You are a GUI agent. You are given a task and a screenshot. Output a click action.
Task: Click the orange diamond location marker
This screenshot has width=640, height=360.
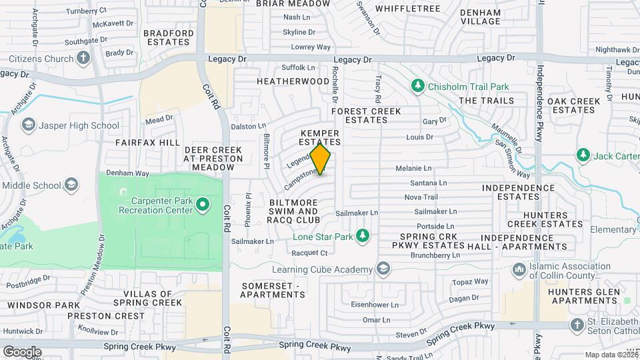tap(321, 159)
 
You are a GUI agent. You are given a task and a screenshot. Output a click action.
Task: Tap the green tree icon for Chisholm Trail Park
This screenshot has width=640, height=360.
tap(418, 86)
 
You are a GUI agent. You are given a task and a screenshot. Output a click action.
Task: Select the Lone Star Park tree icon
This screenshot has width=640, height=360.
tap(362, 235)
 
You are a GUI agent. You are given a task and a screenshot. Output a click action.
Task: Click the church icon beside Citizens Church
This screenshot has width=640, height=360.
tap(83, 59)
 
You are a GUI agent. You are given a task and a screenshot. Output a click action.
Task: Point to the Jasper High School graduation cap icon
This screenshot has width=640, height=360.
tap(28, 125)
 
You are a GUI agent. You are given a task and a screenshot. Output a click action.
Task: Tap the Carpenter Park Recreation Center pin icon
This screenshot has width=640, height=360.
tap(203, 205)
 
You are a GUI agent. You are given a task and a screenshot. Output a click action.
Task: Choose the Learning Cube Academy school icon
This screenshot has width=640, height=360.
tap(383, 269)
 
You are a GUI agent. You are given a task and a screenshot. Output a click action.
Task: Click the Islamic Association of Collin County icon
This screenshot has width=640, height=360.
tap(519, 271)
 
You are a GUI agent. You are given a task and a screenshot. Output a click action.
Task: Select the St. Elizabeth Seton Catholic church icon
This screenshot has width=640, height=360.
tap(577, 325)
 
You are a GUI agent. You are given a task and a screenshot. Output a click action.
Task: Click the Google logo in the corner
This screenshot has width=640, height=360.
tap(22, 351)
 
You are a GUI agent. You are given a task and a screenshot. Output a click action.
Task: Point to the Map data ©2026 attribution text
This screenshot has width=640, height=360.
tap(611, 355)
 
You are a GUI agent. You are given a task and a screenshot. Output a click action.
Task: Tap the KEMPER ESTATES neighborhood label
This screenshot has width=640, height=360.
tap(320, 137)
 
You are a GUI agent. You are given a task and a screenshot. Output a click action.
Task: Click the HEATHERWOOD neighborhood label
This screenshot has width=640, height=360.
tap(293, 81)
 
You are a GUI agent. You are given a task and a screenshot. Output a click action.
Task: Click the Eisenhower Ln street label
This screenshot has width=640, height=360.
tap(374, 305)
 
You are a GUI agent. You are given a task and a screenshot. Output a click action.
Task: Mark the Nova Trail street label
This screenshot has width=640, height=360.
tap(421, 197)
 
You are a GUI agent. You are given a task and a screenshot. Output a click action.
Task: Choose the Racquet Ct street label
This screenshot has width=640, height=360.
tap(309, 253)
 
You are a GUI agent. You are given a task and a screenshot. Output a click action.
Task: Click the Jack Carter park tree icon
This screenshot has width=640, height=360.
tap(584, 155)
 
